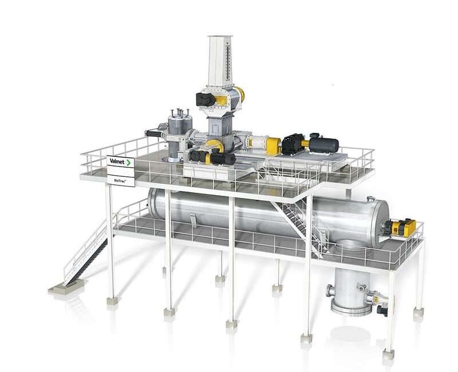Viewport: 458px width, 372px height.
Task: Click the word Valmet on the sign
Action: (117, 161)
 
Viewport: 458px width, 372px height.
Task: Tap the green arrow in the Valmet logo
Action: (128, 163)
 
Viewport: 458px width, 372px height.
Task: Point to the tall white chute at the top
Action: (220, 61)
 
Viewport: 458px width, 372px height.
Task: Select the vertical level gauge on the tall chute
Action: (228, 62)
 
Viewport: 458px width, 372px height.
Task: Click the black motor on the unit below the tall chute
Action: (206, 99)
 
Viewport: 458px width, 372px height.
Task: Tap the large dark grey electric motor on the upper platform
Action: (324, 144)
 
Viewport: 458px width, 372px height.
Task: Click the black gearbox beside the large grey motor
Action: (293, 144)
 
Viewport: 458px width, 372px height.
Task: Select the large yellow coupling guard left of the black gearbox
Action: (274, 146)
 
